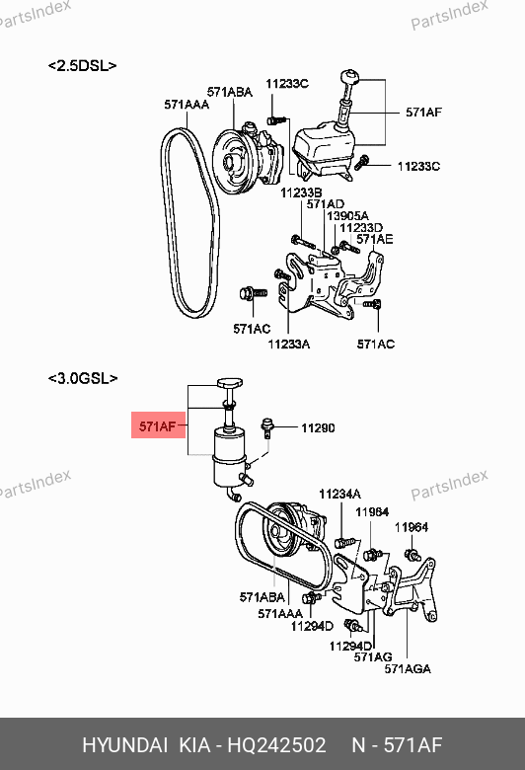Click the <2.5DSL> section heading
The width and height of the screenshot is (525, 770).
click(83, 66)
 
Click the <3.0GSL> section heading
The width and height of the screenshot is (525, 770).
click(83, 379)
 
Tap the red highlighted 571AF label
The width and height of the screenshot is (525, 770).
click(158, 425)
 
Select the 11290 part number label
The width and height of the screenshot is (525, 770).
click(318, 427)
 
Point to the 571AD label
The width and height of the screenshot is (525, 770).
click(326, 203)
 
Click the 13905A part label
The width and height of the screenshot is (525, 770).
click(347, 215)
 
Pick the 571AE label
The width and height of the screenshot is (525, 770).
click(375, 239)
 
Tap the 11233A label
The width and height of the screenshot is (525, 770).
click(289, 345)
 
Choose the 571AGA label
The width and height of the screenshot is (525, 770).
click(408, 669)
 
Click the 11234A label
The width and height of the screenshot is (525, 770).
click(339, 494)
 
